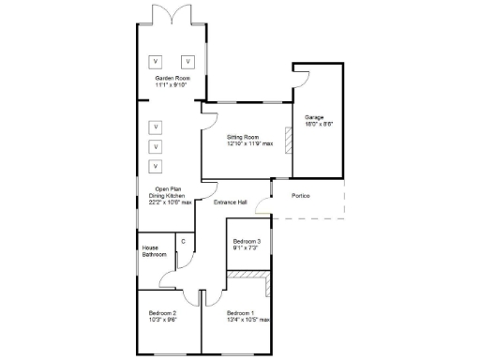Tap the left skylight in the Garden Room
(x=156, y=61)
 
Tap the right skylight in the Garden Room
(x=187, y=61)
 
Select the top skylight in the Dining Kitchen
(x=156, y=126)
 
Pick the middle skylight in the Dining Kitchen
(x=156, y=146)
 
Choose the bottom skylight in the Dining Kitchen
(x=156, y=166)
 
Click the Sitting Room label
(x=249, y=138)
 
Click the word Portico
(x=299, y=195)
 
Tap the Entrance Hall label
(x=231, y=202)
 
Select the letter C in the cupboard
(x=183, y=241)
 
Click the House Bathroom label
(x=155, y=251)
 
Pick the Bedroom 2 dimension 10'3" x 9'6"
(x=163, y=318)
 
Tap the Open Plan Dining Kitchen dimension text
(x=170, y=202)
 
